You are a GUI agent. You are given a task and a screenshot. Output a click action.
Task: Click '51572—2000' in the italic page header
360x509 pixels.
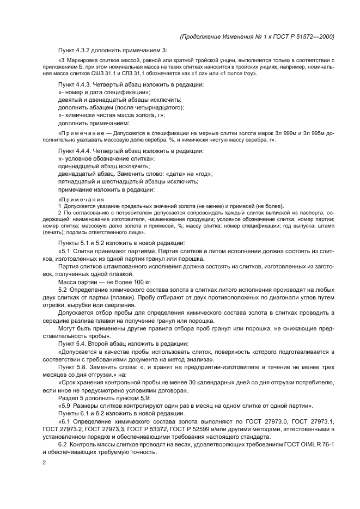[x=315, y=36]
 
